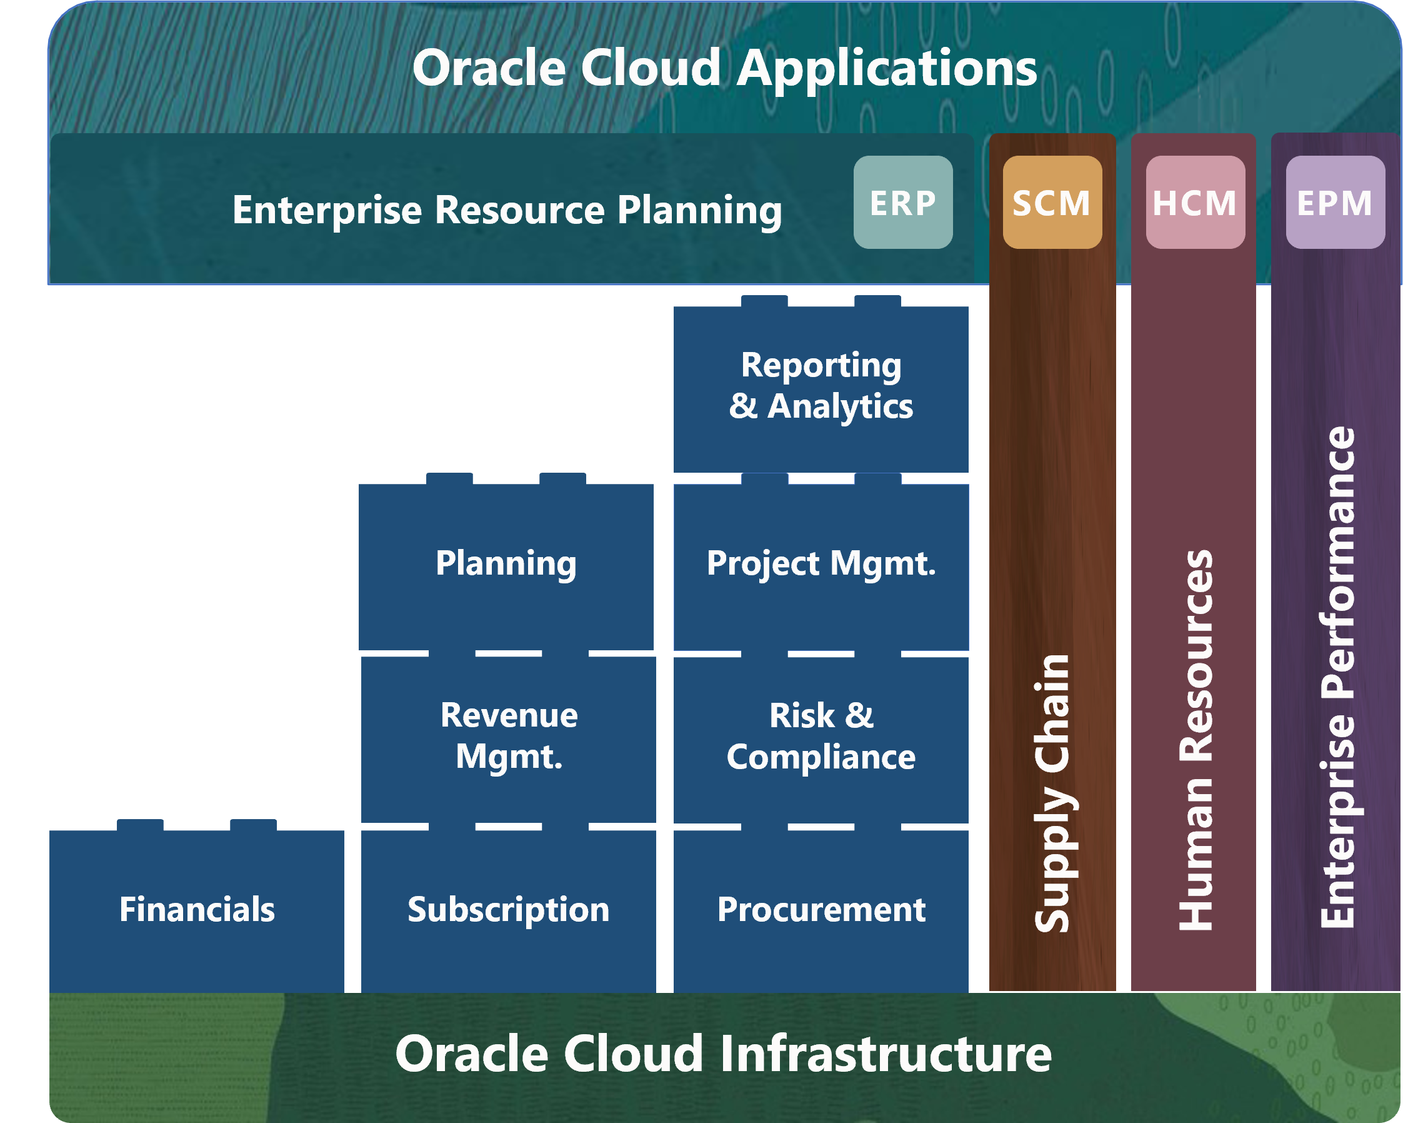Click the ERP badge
(x=902, y=202)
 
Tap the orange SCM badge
(x=1052, y=202)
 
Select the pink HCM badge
(x=1196, y=202)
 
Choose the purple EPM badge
(x=1336, y=202)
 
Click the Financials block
(x=196, y=911)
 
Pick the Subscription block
(x=508, y=911)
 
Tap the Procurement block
(x=821, y=911)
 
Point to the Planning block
(x=506, y=564)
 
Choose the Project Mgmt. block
(x=821, y=564)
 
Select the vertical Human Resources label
(x=1196, y=740)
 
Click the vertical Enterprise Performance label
(x=1337, y=677)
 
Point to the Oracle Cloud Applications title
(x=725, y=69)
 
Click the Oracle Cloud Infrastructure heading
(x=724, y=1054)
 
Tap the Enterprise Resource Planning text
(x=507, y=211)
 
